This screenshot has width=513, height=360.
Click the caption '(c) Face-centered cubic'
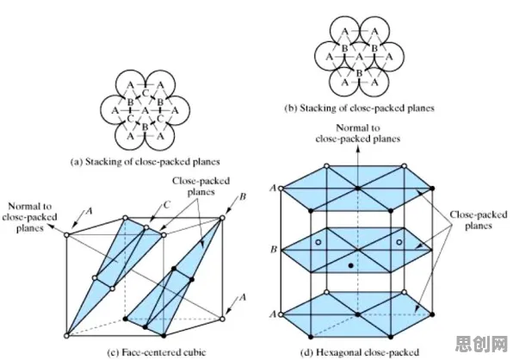[157, 352]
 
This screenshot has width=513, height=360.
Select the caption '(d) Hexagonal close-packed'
[360, 352]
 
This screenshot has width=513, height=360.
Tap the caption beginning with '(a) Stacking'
[145, 162]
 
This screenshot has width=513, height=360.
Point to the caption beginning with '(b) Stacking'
[360, 109]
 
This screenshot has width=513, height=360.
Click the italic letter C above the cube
[166, 205]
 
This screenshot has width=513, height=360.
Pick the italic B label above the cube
[243, 196]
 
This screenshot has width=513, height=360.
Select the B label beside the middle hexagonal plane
[274, 250]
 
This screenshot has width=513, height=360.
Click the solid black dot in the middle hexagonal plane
[351, 266]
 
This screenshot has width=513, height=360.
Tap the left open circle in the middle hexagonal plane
[318, 242]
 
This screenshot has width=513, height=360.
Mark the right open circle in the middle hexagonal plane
[399, 242]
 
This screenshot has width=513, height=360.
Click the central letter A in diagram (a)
[145, 111]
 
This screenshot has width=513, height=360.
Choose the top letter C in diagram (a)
[145, 94]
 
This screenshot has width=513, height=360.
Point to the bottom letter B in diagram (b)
[359, 73]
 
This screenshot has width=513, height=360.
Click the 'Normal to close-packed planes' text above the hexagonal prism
[358, 133]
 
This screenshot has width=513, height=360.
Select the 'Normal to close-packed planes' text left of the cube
[29, 217]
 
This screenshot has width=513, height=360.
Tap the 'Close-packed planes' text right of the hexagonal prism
[479, 220]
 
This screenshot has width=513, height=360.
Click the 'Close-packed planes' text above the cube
[201, 186]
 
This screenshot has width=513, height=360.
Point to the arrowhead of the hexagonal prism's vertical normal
[358, 149]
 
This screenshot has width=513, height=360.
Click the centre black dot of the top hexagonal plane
[358, 188]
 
